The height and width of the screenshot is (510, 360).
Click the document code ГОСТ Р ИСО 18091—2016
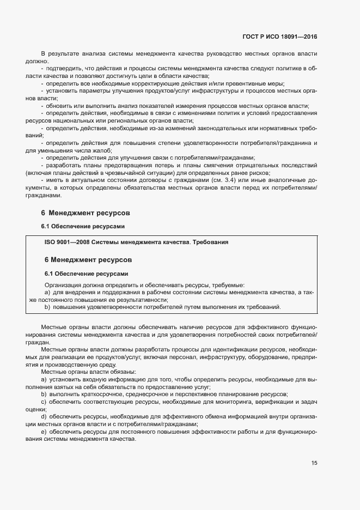click(x=279, y=37)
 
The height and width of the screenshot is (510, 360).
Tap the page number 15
click(x=314, y=463)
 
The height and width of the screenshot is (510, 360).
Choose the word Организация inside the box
click(x=64, y=284)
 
